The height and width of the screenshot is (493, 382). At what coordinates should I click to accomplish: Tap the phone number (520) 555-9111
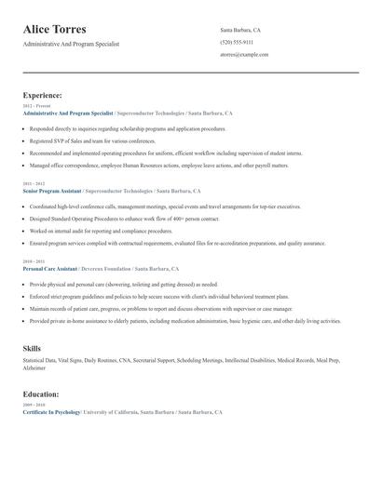(238, 42)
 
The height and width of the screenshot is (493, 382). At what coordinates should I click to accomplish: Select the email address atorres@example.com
(244, 54)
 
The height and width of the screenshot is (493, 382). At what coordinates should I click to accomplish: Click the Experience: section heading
(43, 95)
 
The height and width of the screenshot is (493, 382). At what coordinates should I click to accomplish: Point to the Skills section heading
(32, 348)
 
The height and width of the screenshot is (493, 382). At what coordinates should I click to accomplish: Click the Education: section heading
(41, 394)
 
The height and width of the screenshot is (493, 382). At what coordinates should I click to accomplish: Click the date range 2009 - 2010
(34, 405)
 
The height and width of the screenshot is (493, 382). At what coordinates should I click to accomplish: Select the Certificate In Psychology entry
(51, 411)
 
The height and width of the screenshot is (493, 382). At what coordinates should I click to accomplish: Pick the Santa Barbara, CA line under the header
(239, 30)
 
